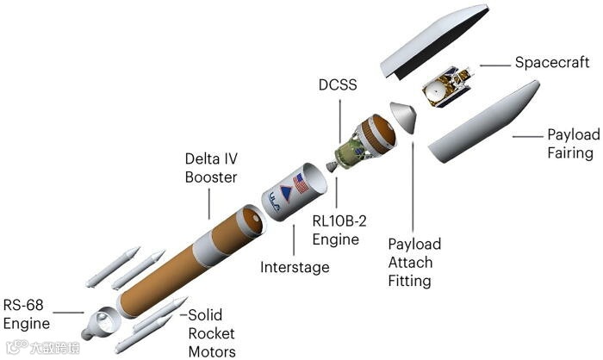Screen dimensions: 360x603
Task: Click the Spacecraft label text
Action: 551,63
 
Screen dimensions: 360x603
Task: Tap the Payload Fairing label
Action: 570,144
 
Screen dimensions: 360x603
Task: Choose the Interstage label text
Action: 295,268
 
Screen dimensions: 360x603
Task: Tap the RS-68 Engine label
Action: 27,314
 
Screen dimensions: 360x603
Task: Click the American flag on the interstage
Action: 301,183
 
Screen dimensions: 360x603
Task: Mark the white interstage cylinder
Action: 289,198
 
